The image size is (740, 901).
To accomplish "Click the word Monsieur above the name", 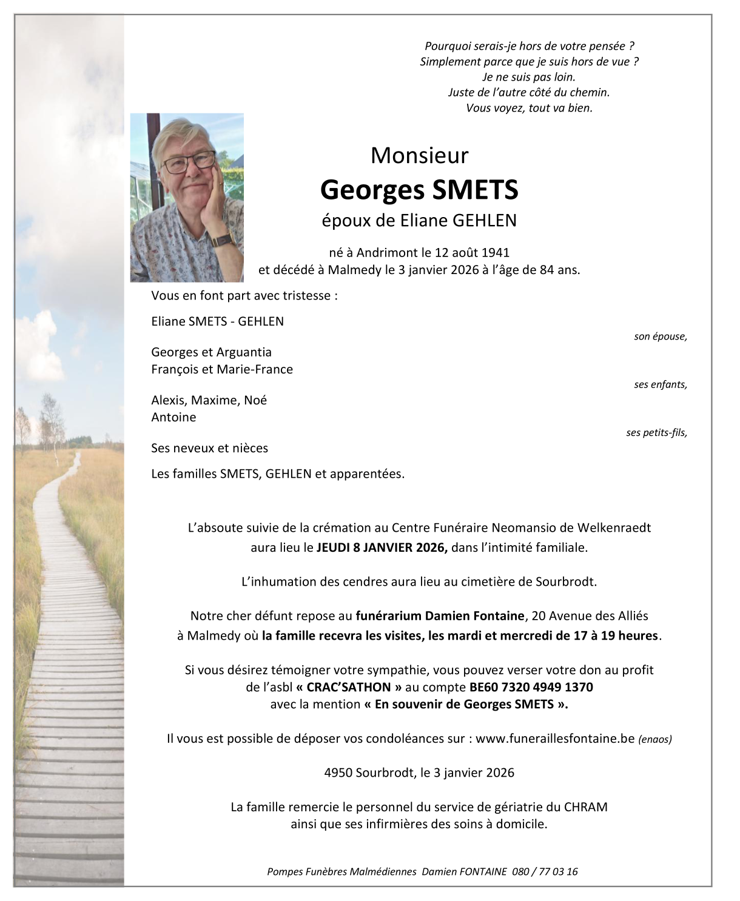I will (x=419, y=156).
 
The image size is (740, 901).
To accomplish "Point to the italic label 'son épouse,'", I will (x=660, y=337).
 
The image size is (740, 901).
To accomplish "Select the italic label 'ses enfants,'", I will (x=660, y=384).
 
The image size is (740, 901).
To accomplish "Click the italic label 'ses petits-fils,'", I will (x=656, y=432).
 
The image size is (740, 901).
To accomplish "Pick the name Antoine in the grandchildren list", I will (x=173, y=417).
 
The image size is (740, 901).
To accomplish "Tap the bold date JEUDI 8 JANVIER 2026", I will (x=382, y=548).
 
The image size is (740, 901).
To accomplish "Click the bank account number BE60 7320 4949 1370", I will (x=531, y=687).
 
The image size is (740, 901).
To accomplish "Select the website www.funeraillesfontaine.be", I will (x=554, y=739).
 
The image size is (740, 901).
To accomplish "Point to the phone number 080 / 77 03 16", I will (x=545, y=871).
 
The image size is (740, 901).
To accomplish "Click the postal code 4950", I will (x=338, y=772).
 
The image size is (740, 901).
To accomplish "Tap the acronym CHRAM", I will (x=585, y=807).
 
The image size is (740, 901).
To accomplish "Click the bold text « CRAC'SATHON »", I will (x=349, y=687).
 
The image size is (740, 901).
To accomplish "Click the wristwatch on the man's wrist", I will (x=223, y=239).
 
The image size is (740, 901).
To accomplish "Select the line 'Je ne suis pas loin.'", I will (x=529, y=77).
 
